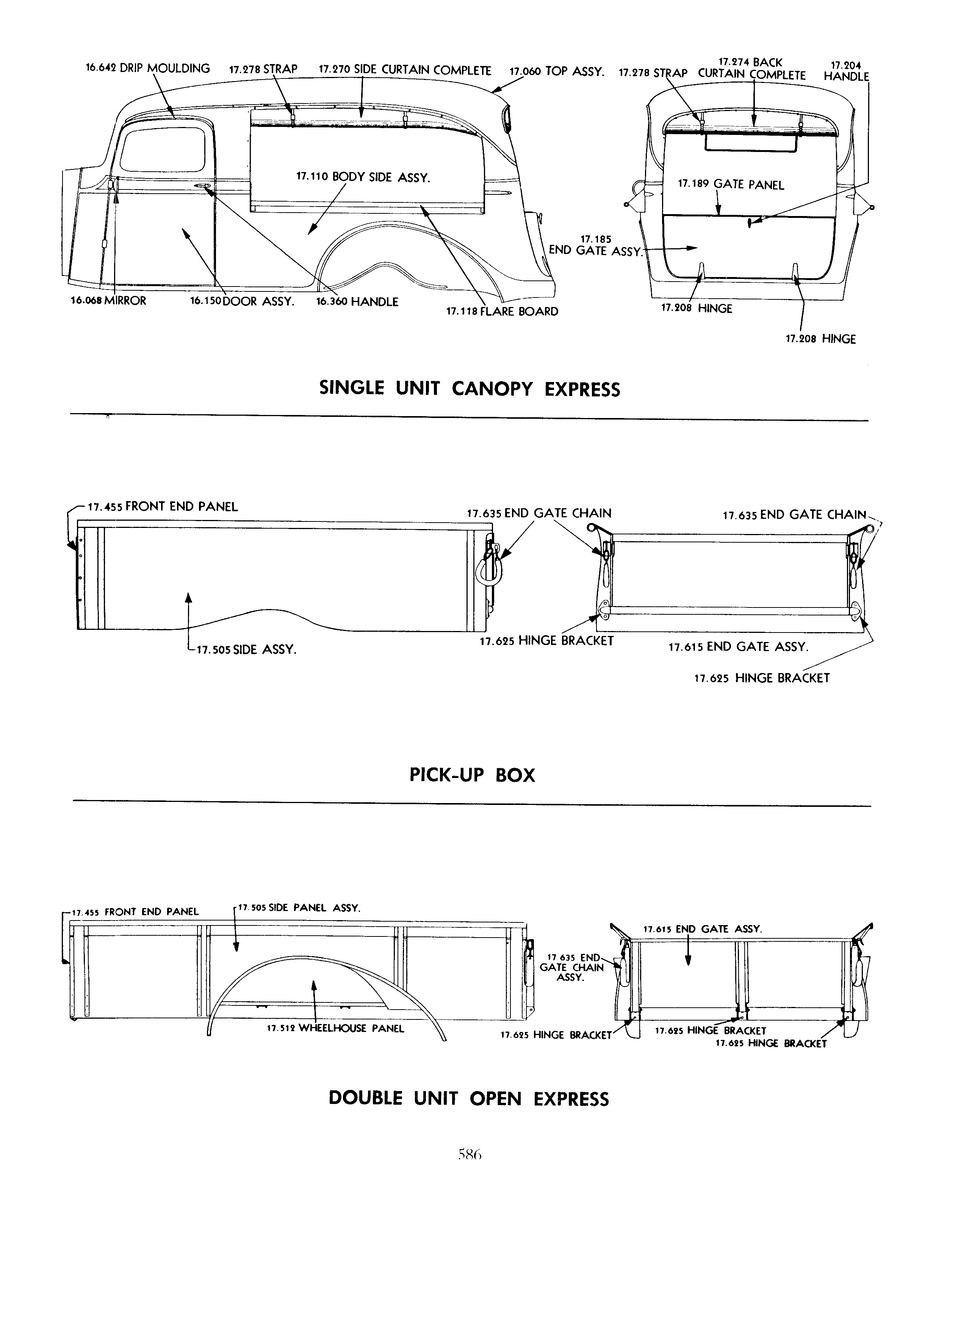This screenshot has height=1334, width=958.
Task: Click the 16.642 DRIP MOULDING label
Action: pos(148,68)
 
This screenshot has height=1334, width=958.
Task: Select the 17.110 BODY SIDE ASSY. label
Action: pos(363,177)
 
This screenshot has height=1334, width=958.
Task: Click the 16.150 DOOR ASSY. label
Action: pos(242,301)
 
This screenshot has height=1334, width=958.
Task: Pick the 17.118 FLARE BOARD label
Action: pos(502,311)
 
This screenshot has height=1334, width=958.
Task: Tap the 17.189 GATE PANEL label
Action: pos(731,185)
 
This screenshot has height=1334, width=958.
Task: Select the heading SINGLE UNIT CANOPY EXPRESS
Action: pos(469,389)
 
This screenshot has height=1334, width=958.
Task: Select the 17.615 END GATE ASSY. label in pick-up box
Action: pos(739,647)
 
